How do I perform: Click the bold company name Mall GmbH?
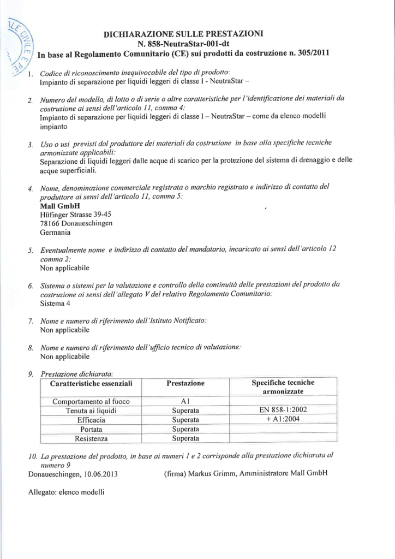(60, 206)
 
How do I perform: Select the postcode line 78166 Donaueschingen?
(76, 223)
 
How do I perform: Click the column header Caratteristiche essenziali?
(91, 383)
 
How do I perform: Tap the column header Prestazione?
(185, 383)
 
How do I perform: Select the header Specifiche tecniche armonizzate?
(283, 387)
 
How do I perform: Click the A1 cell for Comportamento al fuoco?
(185, 401)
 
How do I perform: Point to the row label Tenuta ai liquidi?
(91, 411)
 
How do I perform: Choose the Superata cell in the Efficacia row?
(185, 420)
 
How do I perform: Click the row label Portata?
(91, 429)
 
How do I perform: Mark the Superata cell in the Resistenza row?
(185, 438)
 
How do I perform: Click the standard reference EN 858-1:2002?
(283, 411)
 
